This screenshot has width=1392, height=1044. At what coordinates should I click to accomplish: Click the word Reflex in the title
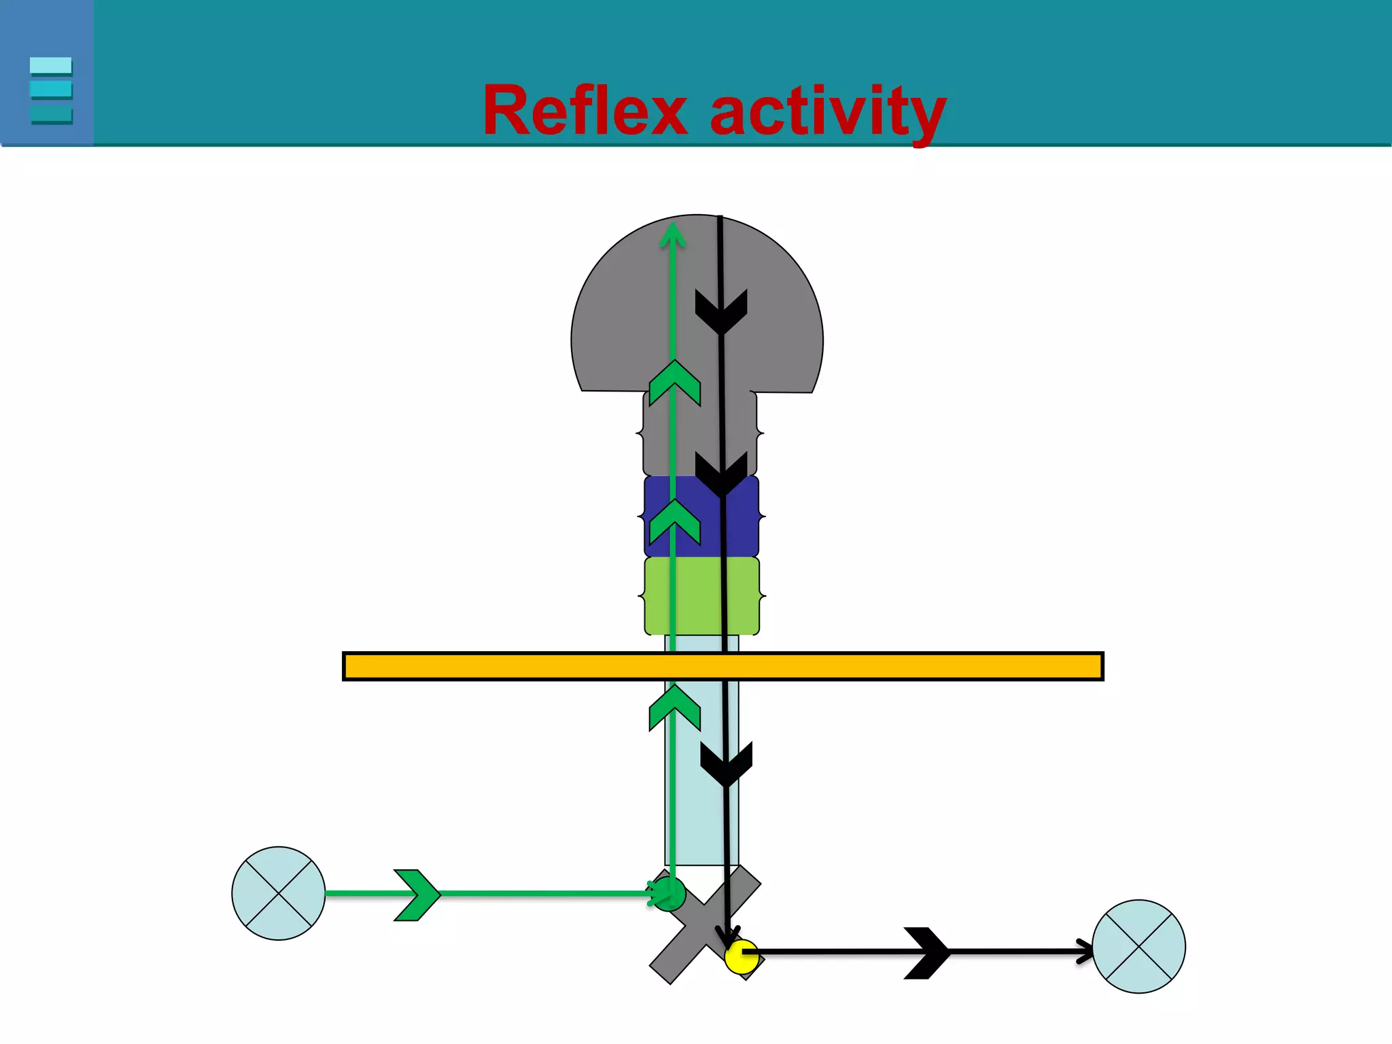pos(585,111)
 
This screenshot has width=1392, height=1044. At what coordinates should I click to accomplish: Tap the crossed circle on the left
pos(279,893)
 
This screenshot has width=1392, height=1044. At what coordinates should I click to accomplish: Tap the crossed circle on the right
pos(1138,946)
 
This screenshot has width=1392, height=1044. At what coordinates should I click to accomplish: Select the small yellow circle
pos(741,956)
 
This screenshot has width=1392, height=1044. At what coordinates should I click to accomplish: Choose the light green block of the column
pos(701,596)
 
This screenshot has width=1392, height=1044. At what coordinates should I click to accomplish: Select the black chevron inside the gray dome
pos(721,311)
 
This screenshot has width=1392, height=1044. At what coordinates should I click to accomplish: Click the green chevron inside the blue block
pos(674,522)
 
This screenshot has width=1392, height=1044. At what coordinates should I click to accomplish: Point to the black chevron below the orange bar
pos(727,764)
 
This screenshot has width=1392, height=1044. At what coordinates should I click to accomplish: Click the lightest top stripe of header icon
pos(51,65)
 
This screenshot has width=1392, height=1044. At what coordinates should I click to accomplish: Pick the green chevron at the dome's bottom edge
pos(674,383)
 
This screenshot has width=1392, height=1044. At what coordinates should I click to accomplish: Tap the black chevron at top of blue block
pos(721,474)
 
